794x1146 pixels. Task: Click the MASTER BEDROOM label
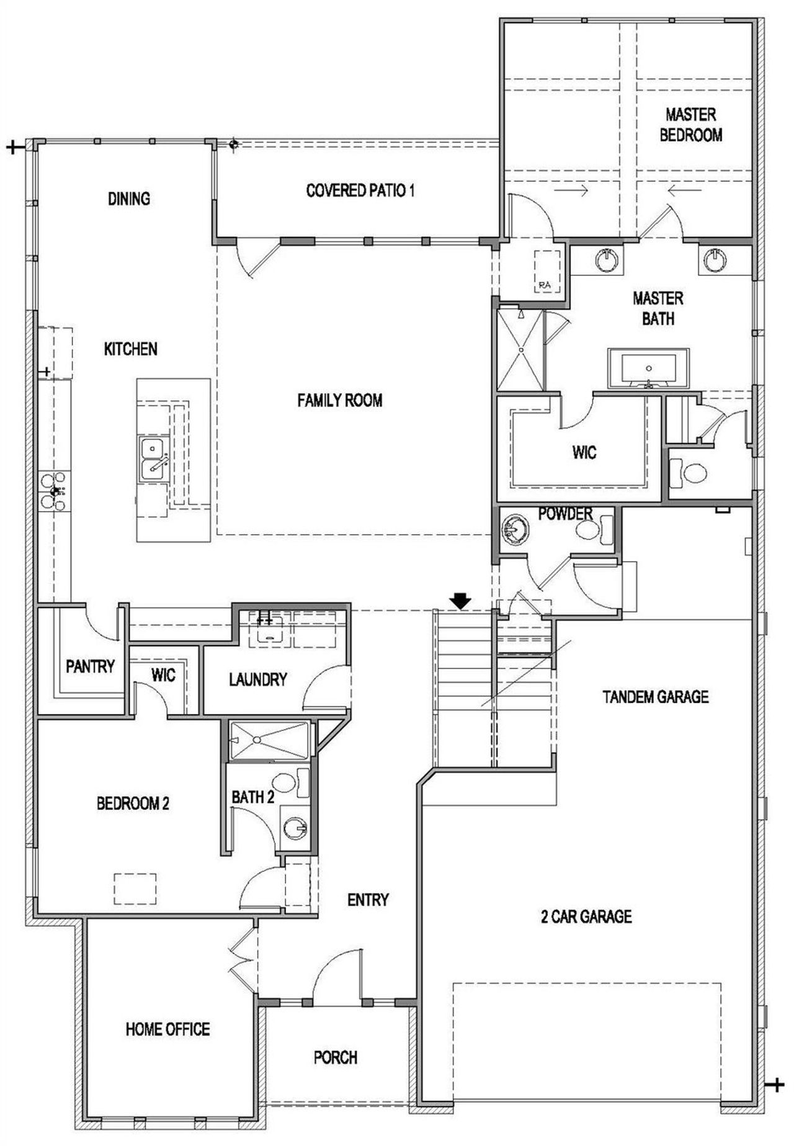pos(690,125)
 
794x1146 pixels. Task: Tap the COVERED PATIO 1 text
pos(360,190)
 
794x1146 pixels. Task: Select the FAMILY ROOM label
pos(339,400)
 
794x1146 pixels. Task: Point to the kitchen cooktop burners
pos(53,491)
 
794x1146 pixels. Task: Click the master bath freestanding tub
pos(648,369)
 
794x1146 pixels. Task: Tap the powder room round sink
pos(515,530)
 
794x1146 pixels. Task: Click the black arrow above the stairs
pos(460,600)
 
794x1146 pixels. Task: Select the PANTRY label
pos(90,666)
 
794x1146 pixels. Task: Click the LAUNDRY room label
pos(257,679)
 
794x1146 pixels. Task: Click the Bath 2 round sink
pos(295,828)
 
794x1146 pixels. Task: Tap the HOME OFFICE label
pos(167,1029)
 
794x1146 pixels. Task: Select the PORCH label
pos(335,1057)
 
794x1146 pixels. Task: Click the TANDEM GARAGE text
pos(655,697)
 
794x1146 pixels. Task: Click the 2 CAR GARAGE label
pos(586,916)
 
